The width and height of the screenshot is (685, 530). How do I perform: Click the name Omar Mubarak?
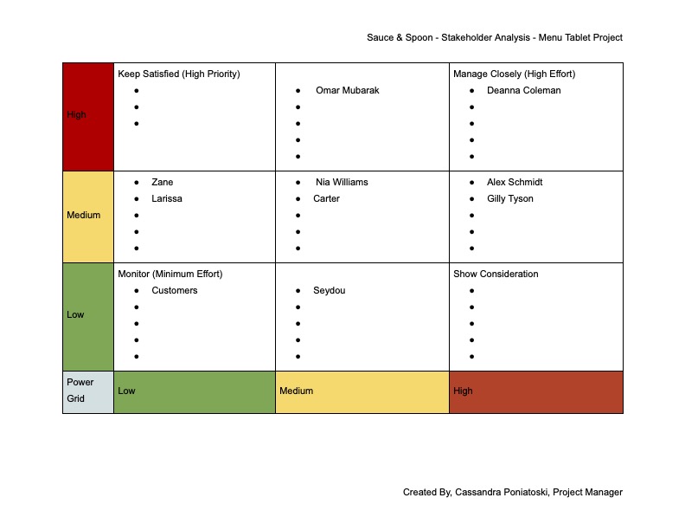pyautogui.click(x=347, y=90)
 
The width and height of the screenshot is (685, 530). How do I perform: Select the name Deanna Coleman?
pyautogui.click(x=523, y=90)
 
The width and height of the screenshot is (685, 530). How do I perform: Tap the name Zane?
pyautogui.click(x=162, y=182)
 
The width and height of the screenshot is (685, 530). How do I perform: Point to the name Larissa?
pyautogui.click(x=167, y=198)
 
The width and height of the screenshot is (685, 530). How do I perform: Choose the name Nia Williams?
pyautogui.click(x=342, y=182)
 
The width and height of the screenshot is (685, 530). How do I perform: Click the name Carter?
pyautogui.click(x=326, y=198)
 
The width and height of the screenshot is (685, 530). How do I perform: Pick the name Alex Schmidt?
pyautogui.click(x=515, y=182)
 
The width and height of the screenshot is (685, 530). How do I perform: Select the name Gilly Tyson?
pyautogui.click(x=510, y=198)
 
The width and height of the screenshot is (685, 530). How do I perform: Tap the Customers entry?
pyautogui.click(x=175, y=290)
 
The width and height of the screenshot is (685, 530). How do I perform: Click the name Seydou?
pyautogui.click(x=329, y=290)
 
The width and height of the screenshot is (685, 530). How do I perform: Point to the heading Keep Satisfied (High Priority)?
pyautogui.click(x=179, y=74)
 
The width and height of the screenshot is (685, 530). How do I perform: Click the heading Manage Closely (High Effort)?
pyautogui.click(x=514, y=74)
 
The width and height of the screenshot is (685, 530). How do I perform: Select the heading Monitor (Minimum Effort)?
pyautogui.click(x=170, y=274)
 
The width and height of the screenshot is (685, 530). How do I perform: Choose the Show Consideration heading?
pyautogui.click(x=496, y=274)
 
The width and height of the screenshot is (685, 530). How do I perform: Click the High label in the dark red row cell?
pyautogui.click(x=77, y=114)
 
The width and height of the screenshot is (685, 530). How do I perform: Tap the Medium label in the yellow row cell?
pyautogui.click(x=84, y=215)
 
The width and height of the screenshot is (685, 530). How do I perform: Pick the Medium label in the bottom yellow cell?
pyautogui.click(x=297, y=391)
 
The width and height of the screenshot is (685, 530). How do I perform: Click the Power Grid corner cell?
pyautogui.click(x=80, y=391)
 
